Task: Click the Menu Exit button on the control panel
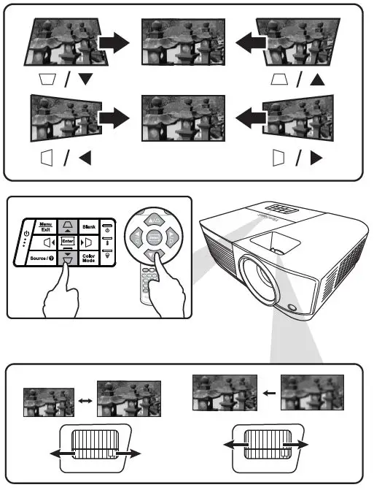[x=46, y=226]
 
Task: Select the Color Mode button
[x=89, y=258]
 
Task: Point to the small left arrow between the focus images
[x=269, y=393]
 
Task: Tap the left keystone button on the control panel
[x=50, y=242]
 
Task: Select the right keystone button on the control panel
[x=85, y=242]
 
